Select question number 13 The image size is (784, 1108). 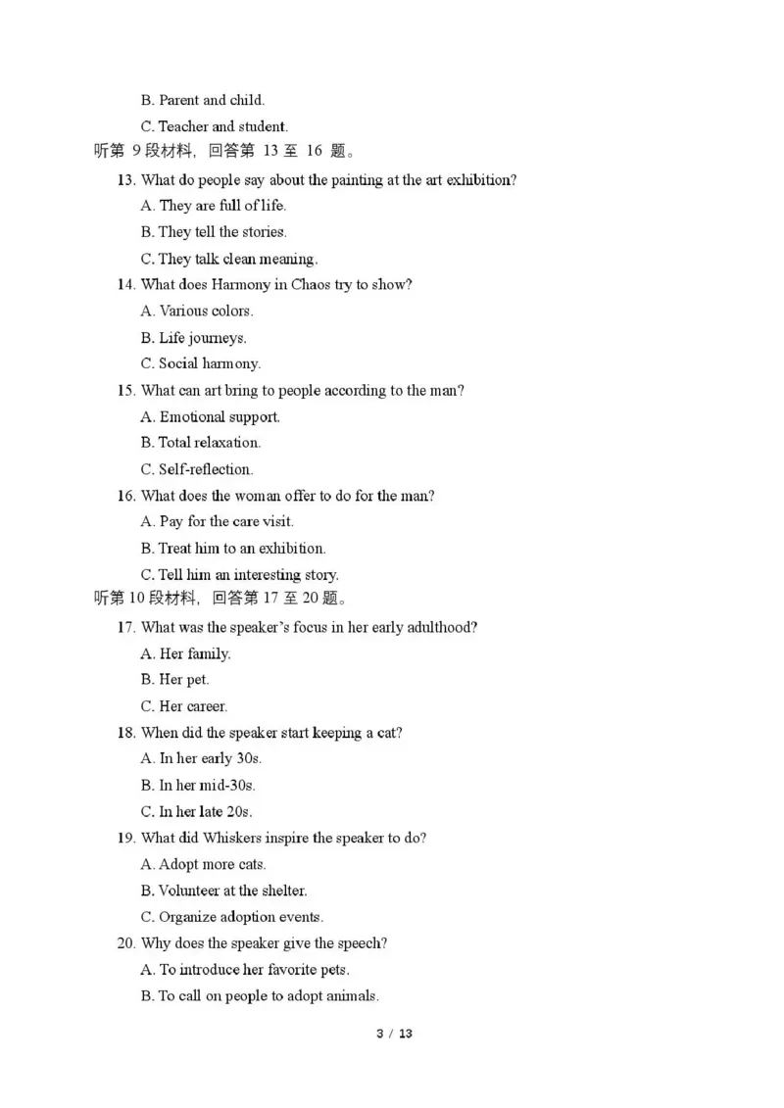125,180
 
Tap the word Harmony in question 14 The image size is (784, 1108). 229,285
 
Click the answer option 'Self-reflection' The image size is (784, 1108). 197,469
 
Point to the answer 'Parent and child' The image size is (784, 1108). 203,100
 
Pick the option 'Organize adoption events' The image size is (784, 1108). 232,917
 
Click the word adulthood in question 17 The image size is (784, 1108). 440,627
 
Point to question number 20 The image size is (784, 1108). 125,943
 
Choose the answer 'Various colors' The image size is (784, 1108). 197,311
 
